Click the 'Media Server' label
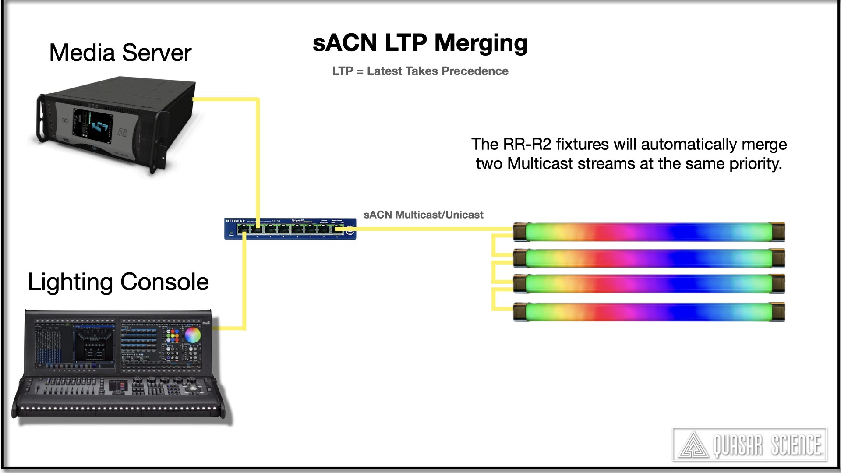pyautogui.click(x=120, y=53)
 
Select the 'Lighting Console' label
pyautogui.click(x=118, y=282)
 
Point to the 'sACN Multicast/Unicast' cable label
pyautogui.click(x=423, y=215)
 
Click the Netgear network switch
pyautogui.click(x=290, y=228)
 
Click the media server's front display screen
pyautogui.click(x=92, y=127)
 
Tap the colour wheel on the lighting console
pyautogui.click(x=192, y=335)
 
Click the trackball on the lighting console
pyautogui.click(x=191, y=389)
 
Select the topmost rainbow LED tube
pyautogui.click(x=648, y=232)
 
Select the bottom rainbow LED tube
pyautogui.click(x=648, y=312)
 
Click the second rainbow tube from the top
pyautogui.click(x=648, y=258)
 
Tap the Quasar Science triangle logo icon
pyautogui.click(x=693, y=445)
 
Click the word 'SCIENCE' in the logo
pyautogui.click(x=795, y=445)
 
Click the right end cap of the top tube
pyautogui.click(x=777, y=232)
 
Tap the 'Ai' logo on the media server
pyautogui.click(x=122, y=132)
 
